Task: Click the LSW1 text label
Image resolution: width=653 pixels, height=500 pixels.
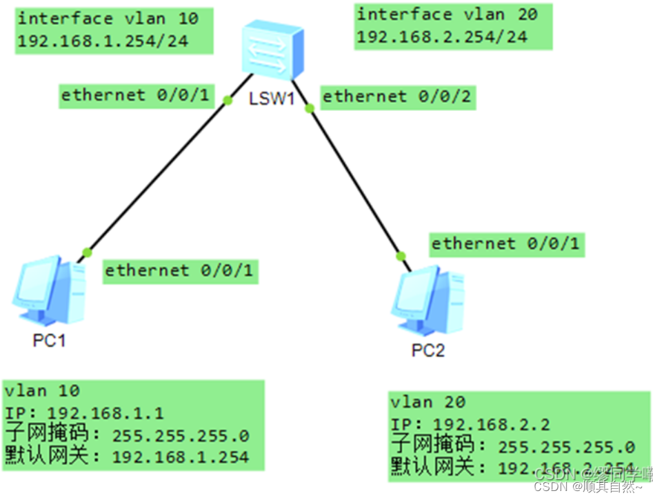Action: [272, 99]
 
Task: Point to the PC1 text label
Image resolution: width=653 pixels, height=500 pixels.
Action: [50, 341]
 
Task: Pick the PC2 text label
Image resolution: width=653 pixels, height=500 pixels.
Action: [428, 350]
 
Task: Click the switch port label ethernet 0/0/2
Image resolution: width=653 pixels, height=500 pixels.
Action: [397, 97]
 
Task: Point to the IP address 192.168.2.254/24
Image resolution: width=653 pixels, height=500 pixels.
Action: [442, 37]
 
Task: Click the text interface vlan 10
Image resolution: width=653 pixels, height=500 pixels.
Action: [108, 18]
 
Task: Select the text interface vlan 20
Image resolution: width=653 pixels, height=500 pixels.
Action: [447, 14]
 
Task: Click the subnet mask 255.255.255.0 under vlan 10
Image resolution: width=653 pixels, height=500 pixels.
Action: [180, 435]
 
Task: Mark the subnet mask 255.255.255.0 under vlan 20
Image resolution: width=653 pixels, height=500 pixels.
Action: [566, 446]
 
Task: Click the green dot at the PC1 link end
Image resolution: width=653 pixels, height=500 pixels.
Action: [87, 251]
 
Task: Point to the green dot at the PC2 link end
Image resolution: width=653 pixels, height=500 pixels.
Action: [400, 257]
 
